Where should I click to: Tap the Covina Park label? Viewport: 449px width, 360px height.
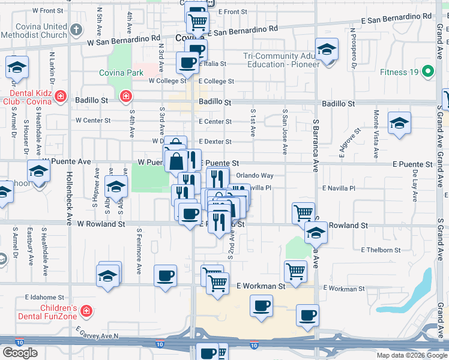tap(121, 73)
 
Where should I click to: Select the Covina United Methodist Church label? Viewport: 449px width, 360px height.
tap(38, 31)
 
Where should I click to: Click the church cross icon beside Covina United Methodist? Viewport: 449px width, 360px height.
tap(76, 29)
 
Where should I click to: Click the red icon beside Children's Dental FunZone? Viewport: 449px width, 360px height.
tap(87, 311)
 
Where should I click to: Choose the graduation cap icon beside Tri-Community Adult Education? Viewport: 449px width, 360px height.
tap(327, 50)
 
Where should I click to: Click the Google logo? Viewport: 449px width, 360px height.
tap(20, 353)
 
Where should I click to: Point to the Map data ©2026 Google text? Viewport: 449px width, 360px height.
tap(411, 355)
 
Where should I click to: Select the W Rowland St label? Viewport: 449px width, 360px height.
tap(100, 224)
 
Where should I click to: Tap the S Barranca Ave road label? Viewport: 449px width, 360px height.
tap(315, 144)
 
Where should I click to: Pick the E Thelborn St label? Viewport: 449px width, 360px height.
tap(381, 250)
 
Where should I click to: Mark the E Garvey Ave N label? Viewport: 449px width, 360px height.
tap(97, 332)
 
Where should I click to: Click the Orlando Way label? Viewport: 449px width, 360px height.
tap(255, 176)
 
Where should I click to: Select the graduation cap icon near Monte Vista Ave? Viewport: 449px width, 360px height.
tap(399, 124)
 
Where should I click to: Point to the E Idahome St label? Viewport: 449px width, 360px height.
tap(44, 297)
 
